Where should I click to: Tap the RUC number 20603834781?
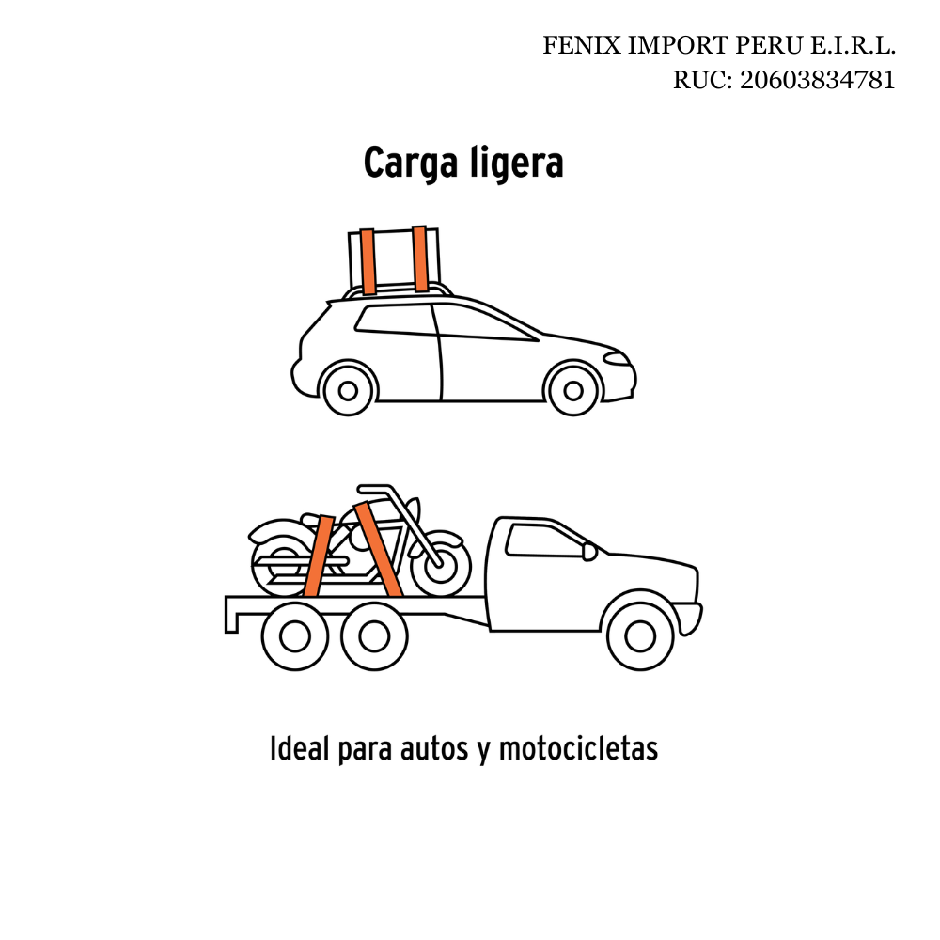817,80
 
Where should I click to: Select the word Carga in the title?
411,163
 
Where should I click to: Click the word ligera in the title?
516,163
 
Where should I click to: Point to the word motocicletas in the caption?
578,748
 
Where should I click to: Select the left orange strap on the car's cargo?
368,261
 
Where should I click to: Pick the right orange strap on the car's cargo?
419,259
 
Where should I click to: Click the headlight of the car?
617,358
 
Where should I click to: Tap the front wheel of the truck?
640,636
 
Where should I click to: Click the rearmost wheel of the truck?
295,636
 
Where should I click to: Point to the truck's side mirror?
589,552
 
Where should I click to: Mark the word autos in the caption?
433,748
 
